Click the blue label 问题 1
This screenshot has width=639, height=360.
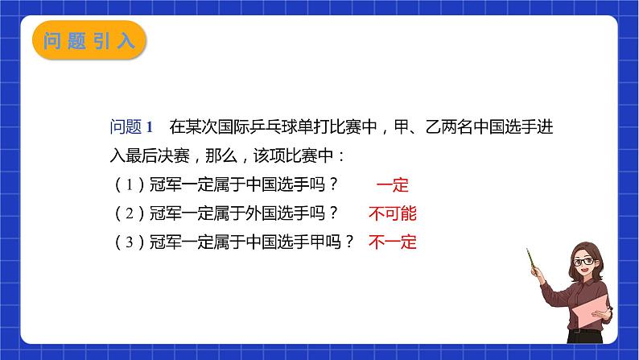(x=130, y=126)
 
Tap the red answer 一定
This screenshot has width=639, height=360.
(x=393, y=186)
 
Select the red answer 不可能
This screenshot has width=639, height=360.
(x=393, y=213)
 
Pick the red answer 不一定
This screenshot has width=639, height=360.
(x=393, y=241)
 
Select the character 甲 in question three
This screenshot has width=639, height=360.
(x=325, y=241)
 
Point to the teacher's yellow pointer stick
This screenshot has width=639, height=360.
(x=532, y=262)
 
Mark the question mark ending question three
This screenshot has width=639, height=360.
(x=348, y=241)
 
